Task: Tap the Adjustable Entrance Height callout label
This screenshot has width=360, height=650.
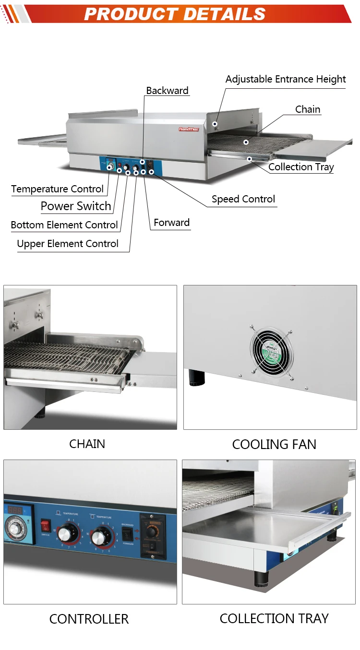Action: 286,79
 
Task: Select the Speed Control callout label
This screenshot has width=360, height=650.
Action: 243,199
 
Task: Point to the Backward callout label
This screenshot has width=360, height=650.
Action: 167,91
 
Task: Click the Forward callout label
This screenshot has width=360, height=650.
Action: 171,223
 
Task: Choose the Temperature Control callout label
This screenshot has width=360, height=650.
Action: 58,189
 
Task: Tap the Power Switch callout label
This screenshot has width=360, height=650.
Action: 76,206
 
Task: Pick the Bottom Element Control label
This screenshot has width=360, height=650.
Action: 64,225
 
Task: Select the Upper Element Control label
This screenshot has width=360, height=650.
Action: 68,244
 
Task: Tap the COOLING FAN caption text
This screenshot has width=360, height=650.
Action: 274,445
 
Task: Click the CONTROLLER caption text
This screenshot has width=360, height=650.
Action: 89,619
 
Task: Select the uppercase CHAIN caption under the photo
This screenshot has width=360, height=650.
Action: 87,444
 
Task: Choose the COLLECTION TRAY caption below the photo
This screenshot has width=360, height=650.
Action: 274,619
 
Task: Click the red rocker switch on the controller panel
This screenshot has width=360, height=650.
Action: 45,525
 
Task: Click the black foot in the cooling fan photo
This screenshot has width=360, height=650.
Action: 195,377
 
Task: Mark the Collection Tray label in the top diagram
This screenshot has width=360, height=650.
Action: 301,167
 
